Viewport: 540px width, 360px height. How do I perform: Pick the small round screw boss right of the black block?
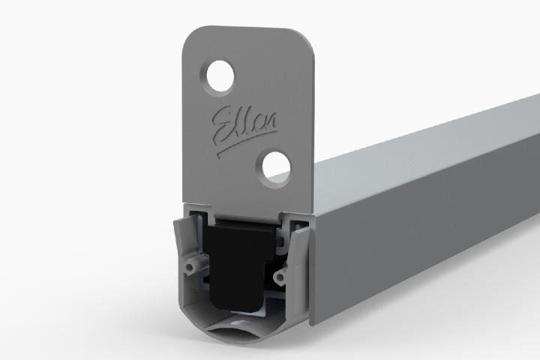[281, 278]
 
